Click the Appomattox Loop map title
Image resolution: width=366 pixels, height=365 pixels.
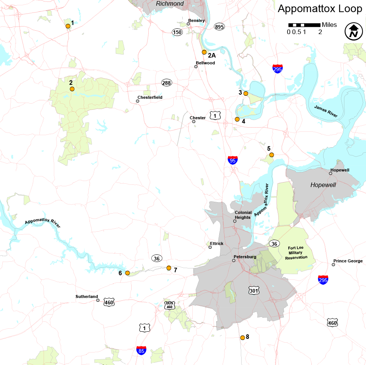tap(320, 9)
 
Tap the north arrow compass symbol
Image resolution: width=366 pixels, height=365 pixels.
tap(353, 31)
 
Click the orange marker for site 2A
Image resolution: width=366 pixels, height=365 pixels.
tap(204, 52)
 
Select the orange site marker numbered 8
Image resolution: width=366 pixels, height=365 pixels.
tap(242, 337)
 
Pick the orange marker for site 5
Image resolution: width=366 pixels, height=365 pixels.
tap(271, 154)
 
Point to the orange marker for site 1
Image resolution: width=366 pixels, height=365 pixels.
tap(68, 26)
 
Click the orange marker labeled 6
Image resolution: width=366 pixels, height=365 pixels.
tap(127, 273)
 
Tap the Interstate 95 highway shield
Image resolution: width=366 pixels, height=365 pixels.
tap(233, 160)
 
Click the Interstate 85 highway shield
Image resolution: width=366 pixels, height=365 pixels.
tap(141, 351)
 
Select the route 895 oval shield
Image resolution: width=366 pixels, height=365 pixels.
tap(219, 27)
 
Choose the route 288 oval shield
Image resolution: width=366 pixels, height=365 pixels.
tap(166, 83)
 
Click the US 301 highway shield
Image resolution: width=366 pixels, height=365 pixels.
tap(254, 290)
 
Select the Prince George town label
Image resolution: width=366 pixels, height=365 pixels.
tap(348, 261)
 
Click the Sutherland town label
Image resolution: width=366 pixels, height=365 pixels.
tap(86, 296)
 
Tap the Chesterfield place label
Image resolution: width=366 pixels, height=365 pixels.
tap(150, 97)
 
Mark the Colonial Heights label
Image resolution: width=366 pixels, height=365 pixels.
tap(242, 215)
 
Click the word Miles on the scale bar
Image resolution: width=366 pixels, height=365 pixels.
tap(329, 25)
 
